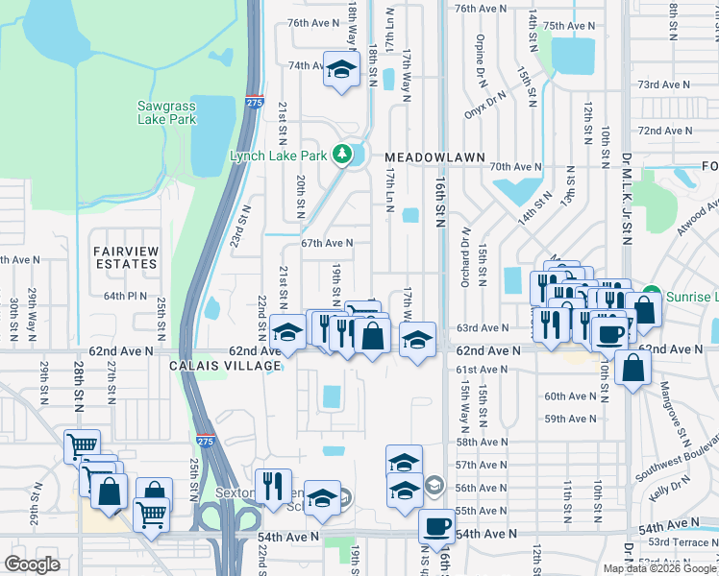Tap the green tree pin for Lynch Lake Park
340,154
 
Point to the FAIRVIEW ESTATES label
125,256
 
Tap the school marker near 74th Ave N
340,69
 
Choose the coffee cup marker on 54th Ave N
437,526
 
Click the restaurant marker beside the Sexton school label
273,486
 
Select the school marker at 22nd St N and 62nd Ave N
286,332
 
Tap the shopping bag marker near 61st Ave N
633,368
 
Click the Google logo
32,564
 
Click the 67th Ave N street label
327,244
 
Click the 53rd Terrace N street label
683,542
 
